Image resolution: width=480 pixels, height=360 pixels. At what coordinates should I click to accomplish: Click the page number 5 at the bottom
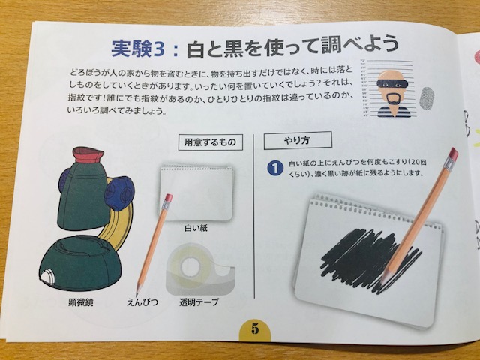click(x=255, y=328)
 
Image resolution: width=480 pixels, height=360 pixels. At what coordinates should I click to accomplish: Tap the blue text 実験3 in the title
click(x=138, y=49)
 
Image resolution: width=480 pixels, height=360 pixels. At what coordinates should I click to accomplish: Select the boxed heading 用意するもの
click(x=210, y=142)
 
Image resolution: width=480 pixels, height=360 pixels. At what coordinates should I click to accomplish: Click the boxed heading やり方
click(x=297, y=140)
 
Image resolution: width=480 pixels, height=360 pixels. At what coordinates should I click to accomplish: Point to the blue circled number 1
click(x=274, y=169)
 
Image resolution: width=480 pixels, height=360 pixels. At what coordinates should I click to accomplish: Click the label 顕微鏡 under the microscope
click(x=81, y=302)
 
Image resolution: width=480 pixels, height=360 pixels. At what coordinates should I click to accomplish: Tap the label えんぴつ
click(x=142, y=302)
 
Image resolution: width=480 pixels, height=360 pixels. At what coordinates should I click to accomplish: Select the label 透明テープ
click(x=199, y=302)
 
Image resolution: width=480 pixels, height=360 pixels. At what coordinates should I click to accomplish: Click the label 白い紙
click(x=196, y=228)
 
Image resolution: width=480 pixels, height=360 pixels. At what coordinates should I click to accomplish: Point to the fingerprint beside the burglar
click(x=426, y=98)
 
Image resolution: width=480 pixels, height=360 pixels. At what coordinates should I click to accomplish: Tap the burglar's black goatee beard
click(x=393, y=101)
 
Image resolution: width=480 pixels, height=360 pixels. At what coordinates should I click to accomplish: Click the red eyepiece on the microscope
click(x=88, y=154)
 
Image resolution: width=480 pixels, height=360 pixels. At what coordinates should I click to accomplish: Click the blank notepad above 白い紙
click(x=196, y=193)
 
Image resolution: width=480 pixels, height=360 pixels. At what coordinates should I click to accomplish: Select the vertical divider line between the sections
click(x=254, y=216)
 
